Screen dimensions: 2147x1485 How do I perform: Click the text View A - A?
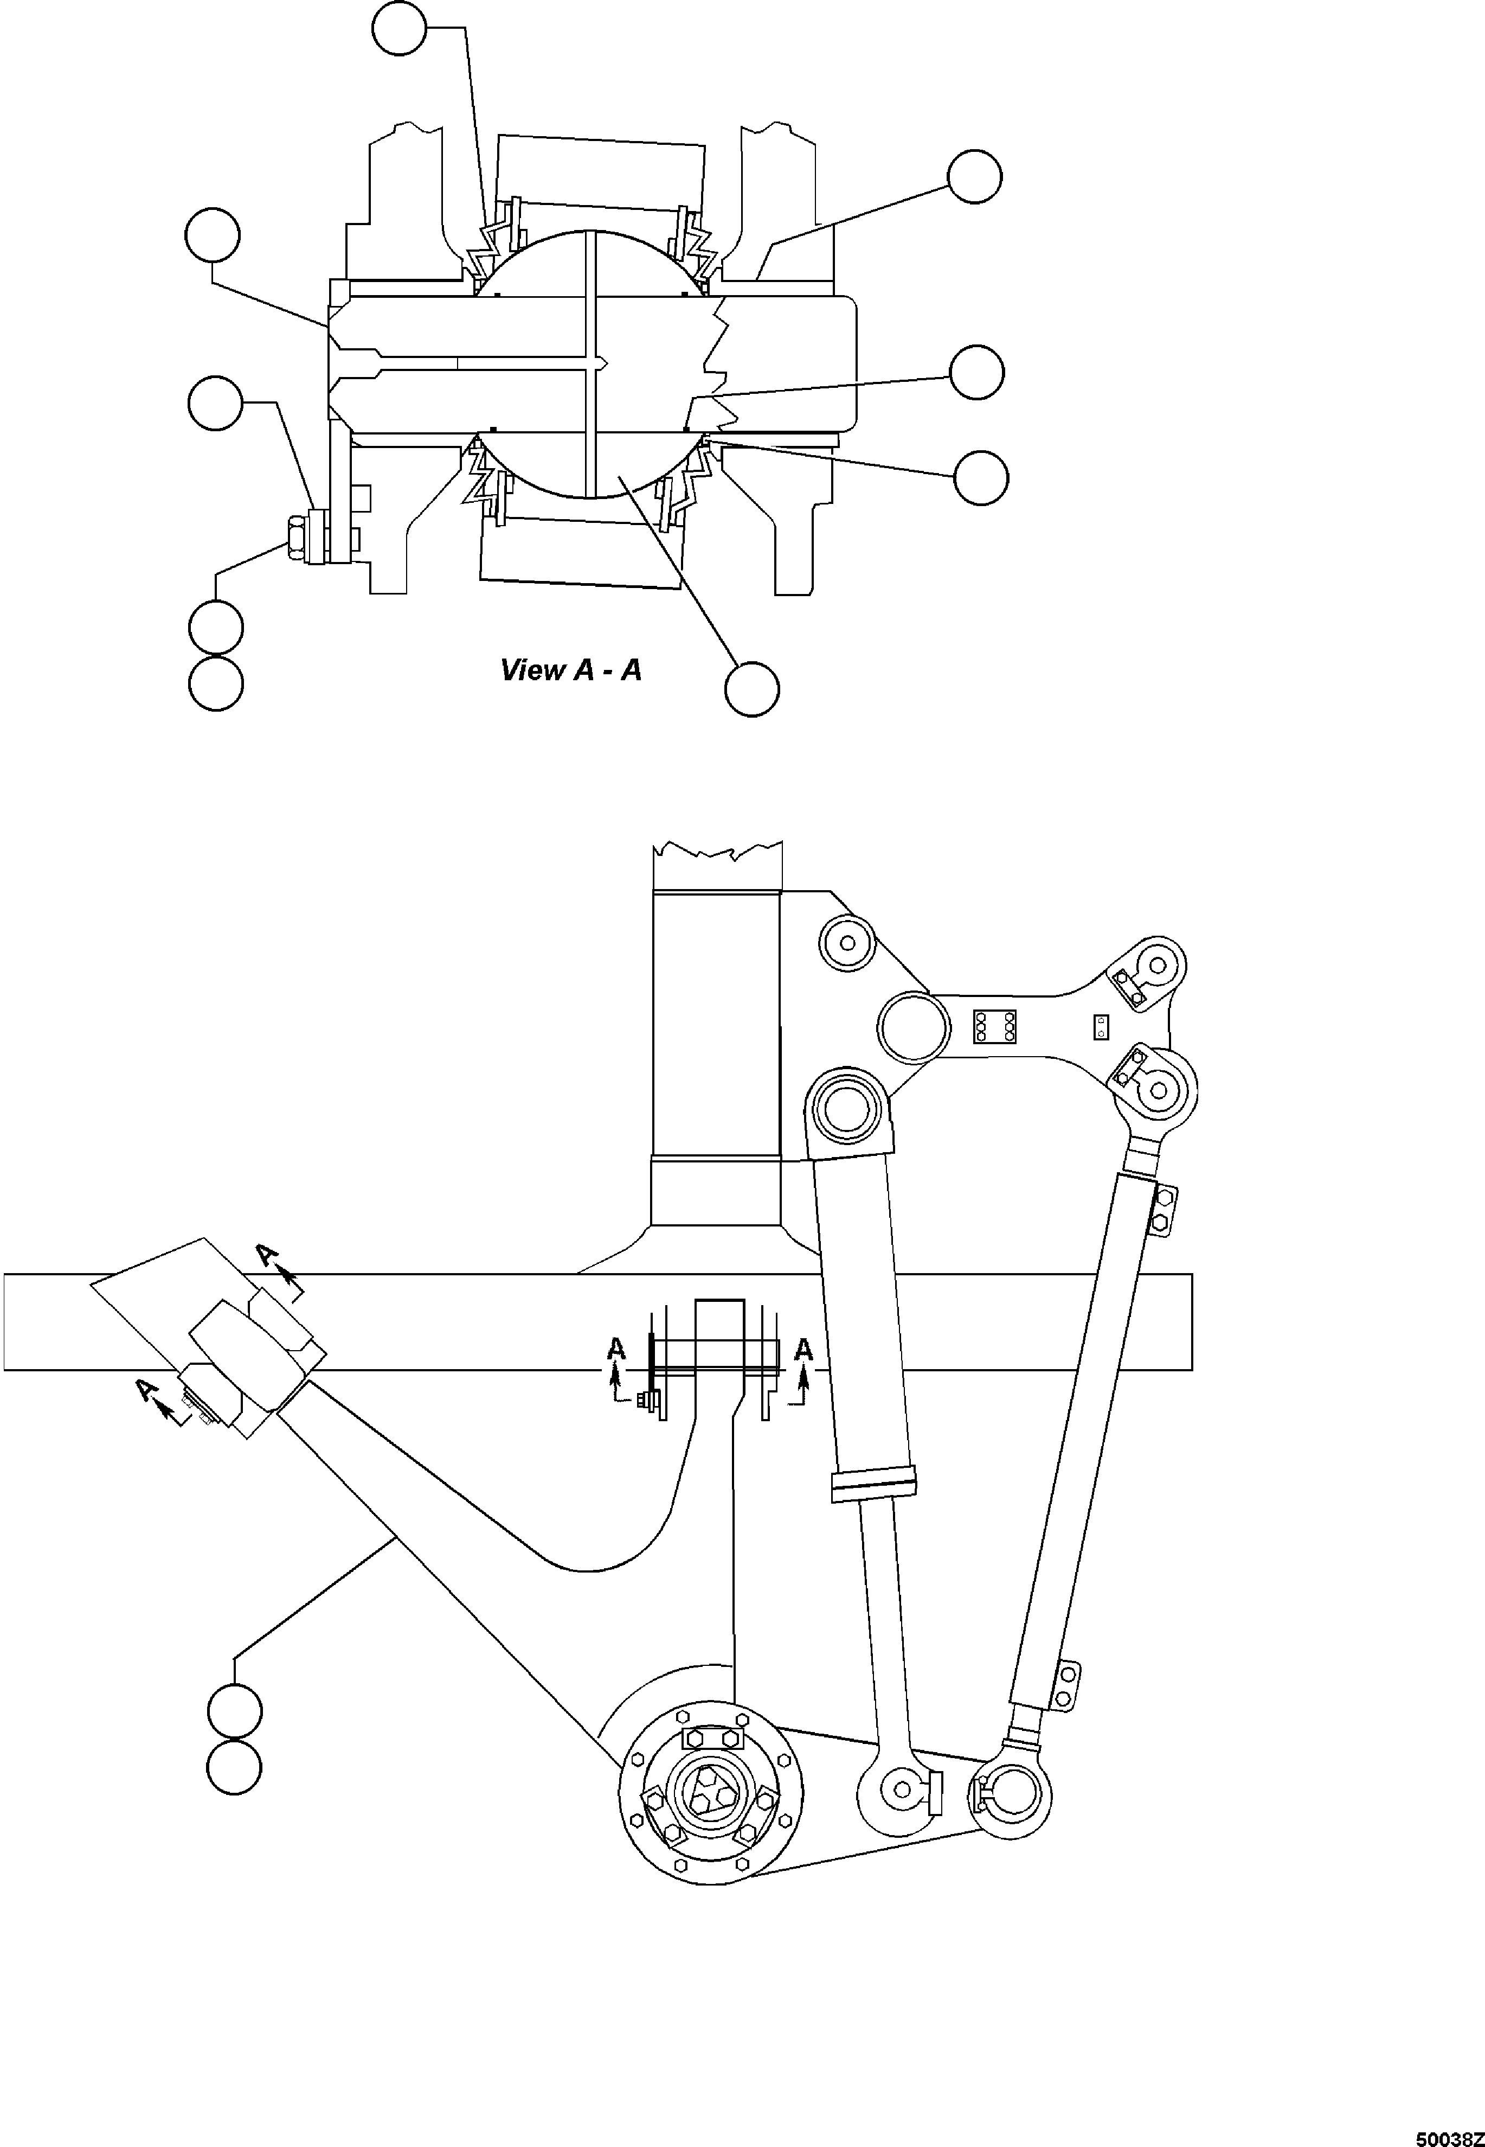pos(570,670)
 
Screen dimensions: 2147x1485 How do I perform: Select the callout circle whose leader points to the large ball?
pos(752,689)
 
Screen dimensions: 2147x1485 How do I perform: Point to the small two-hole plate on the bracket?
pos(1101,1026)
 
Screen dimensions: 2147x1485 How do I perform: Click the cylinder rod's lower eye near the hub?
pos(901,1786)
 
